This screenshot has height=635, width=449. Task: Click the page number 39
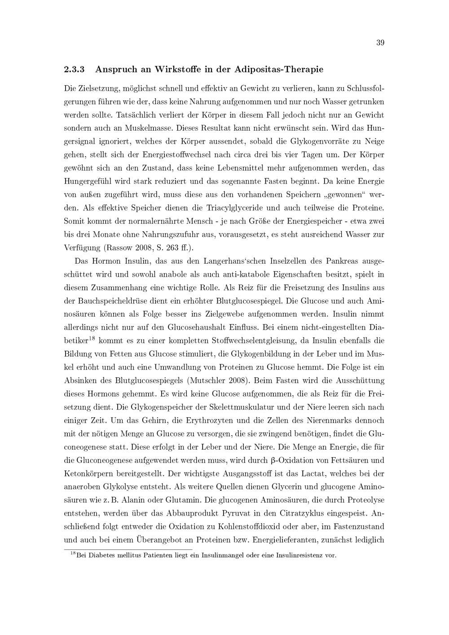pyautogui.click(x=380, y=43)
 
